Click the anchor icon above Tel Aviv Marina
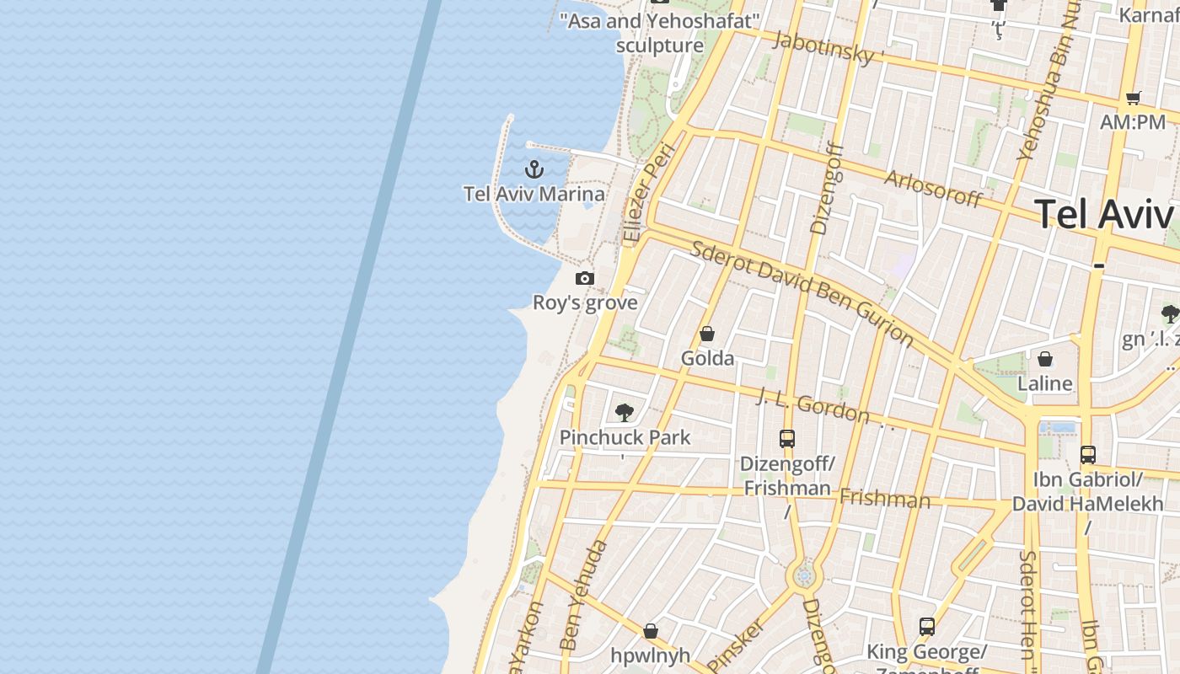[534, 169]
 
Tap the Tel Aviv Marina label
[534, 195]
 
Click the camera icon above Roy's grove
[585, 278]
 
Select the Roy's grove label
[585, 302]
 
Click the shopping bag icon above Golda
[707, 334]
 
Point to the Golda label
[707, 359]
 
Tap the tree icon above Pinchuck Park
[625, 412]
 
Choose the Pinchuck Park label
[625, 437]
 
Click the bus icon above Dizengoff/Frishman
[787, 438]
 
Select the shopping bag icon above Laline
[1045, 359]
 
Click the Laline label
[1045, 384]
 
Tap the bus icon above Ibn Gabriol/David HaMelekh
[1088, 455]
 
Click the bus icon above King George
[927, 627]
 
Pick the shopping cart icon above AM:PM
[1134, 98]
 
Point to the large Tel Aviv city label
[1103, 214]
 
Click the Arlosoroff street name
[933, 189]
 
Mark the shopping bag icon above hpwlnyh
[651, 630]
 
